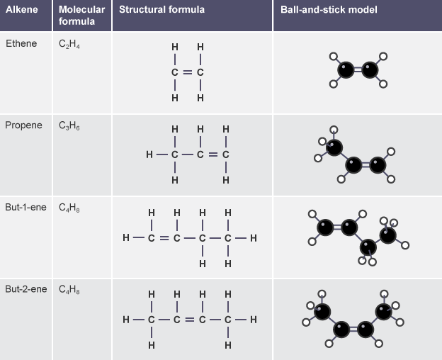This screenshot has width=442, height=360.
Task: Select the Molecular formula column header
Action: point(81,16)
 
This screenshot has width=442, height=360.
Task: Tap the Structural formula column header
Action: point(161,10)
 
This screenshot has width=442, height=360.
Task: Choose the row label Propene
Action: point(23,125)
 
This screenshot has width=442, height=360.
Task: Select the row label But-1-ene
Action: point(27,208)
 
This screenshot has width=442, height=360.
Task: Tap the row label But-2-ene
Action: point(27,289)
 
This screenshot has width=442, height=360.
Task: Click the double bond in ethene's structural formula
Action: point(188,72)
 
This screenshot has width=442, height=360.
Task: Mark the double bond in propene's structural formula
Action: point(213,154)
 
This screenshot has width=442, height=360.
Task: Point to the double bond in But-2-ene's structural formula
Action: point(189,320)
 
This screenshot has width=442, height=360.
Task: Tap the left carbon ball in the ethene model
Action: point(345,69)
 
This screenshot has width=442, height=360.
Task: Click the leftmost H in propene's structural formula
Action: point(149,154)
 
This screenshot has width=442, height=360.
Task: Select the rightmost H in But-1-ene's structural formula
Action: point(253,237)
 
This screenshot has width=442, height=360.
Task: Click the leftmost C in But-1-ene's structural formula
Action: point(151,237)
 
